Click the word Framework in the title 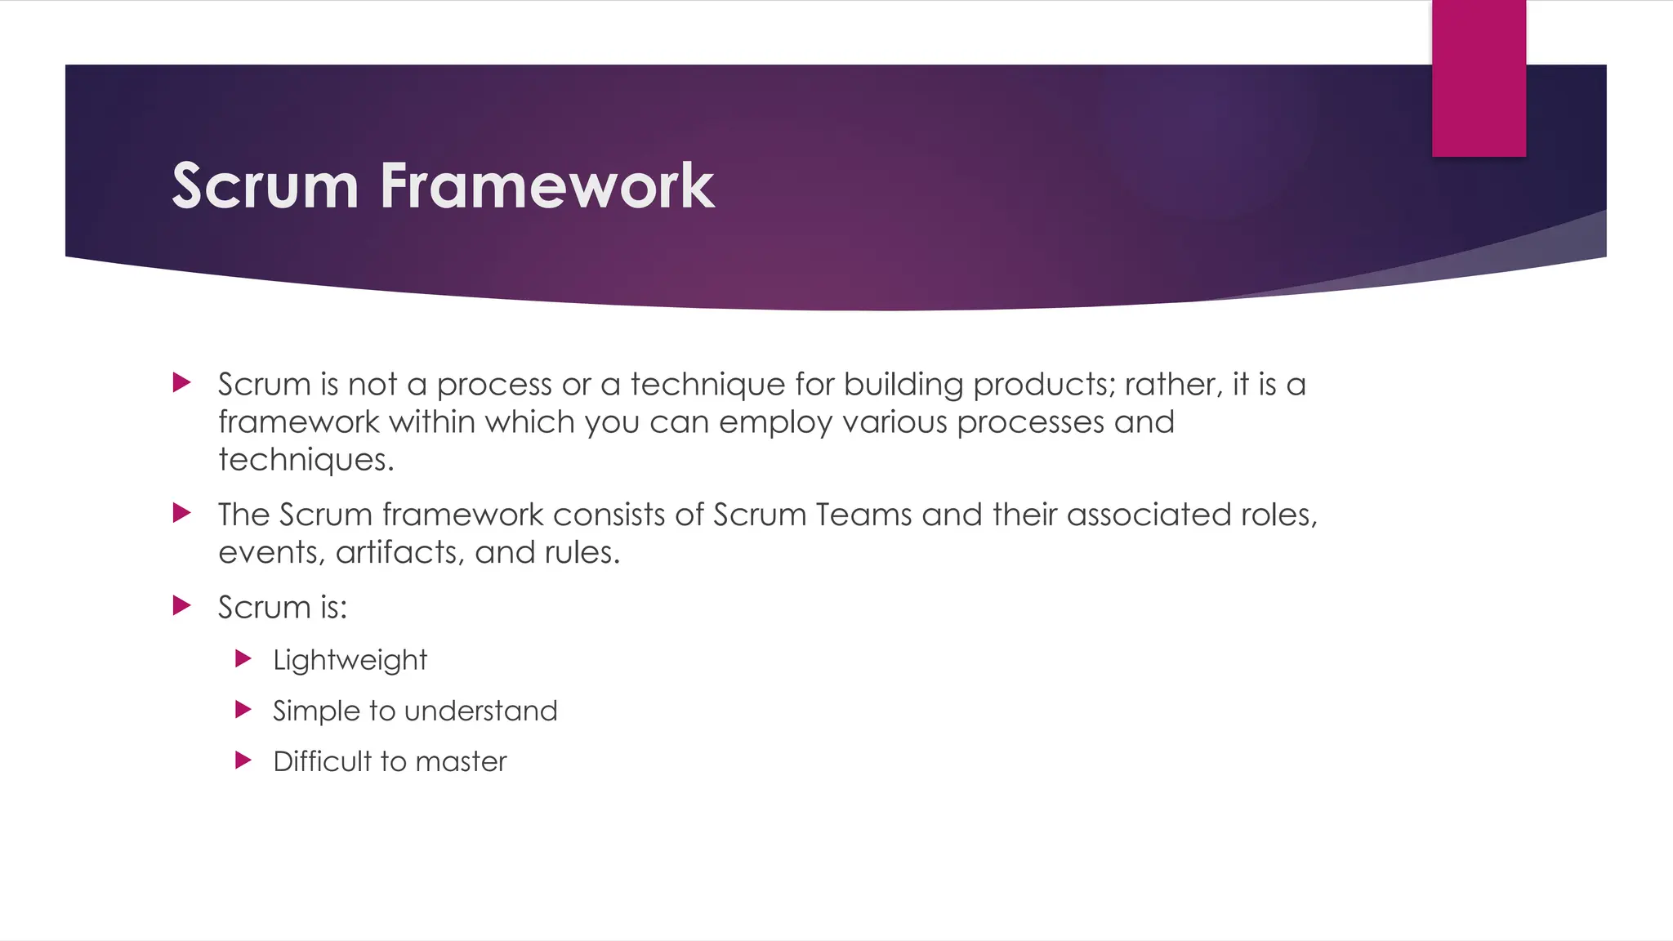[547, 186]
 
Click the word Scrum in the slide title [265, 186]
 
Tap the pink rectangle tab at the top [1479, 78]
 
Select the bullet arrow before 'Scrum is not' [182, 382]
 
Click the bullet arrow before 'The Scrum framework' [182, 513]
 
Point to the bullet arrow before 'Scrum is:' [182, 605]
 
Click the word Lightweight [350, 660]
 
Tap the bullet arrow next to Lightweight [243, 658]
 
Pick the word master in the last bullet [461, 761]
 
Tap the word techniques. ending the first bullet [306, 460]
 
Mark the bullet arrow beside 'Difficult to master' [243, 760]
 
